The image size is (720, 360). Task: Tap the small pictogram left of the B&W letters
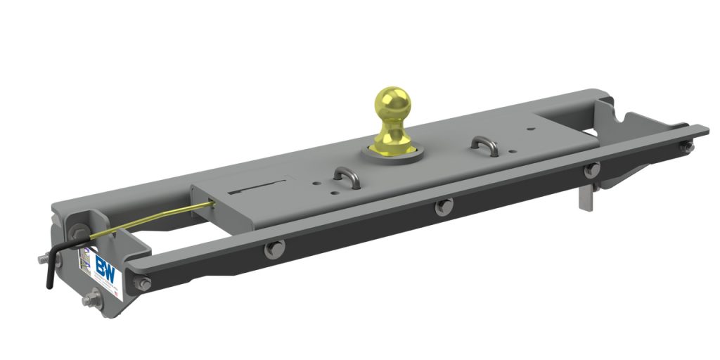click(86, 259)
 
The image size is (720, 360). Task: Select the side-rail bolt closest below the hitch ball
click(442, 207)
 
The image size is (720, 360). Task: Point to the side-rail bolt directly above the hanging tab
click(591, 169)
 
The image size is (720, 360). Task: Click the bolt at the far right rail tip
click(686, 147)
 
